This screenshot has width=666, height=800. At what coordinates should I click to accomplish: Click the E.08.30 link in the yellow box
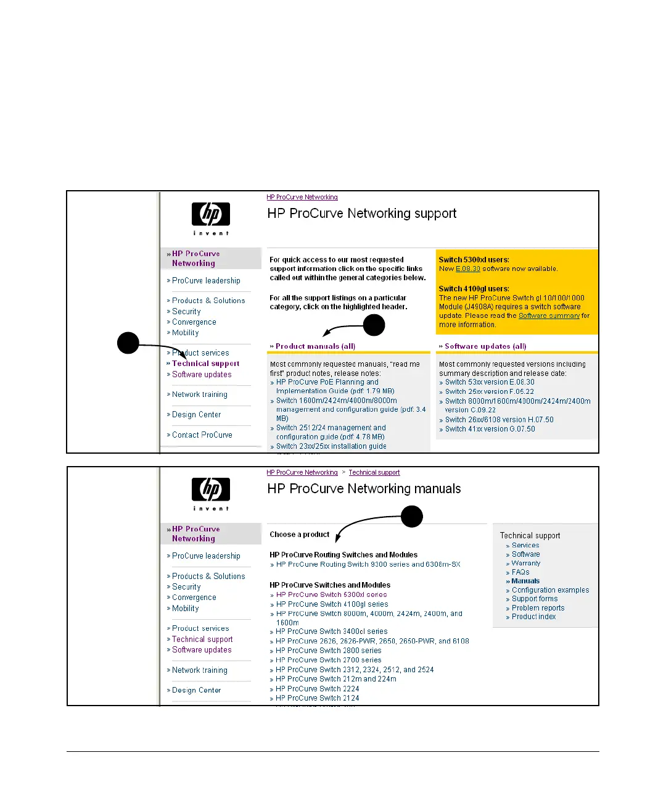pos(467,269)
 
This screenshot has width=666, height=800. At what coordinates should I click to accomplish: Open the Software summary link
pos(549,316)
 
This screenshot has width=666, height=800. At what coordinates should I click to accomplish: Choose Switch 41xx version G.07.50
pos(490,429)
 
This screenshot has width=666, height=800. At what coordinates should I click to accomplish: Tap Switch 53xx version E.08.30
pos(490,382)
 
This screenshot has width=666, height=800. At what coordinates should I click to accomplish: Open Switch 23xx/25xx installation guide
pos(331,446)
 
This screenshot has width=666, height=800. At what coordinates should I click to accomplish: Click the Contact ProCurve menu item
pos(202,435)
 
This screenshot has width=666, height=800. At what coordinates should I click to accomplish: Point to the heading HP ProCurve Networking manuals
pos(364,489)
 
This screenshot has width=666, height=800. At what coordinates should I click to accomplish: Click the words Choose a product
pos(300,535)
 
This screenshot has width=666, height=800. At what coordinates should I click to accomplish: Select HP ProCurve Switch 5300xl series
pos(331,595)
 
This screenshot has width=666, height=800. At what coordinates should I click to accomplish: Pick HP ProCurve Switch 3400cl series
pos(331,631)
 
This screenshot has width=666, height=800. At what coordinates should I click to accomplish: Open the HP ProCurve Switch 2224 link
pos(317,689)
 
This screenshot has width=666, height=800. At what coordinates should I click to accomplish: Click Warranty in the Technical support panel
pos(525,563)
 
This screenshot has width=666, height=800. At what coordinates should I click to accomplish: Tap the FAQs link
pos(520,572)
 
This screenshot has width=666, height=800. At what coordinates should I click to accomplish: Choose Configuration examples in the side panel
pos(550,590)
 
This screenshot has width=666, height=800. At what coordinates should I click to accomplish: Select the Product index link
pos(533,617)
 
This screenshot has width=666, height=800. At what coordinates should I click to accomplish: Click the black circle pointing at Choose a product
pos(411,516)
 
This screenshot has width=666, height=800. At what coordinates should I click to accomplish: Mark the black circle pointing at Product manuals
pos(374,325)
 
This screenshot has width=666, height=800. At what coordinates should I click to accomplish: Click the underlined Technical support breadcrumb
pos(374,473)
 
